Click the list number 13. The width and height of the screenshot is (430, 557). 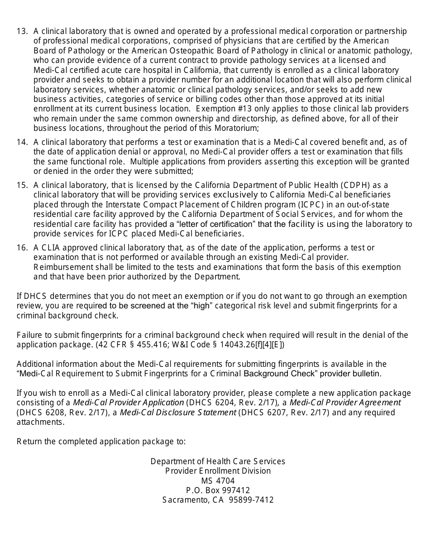(22, 31)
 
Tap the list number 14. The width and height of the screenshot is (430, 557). (22, 142)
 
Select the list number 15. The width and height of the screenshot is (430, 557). (22, 185)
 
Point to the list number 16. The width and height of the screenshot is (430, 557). (22, 248)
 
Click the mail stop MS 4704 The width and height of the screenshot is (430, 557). (218, 481)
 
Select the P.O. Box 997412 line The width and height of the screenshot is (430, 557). (218, 490)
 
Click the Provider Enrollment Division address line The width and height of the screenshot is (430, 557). (218, 471)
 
